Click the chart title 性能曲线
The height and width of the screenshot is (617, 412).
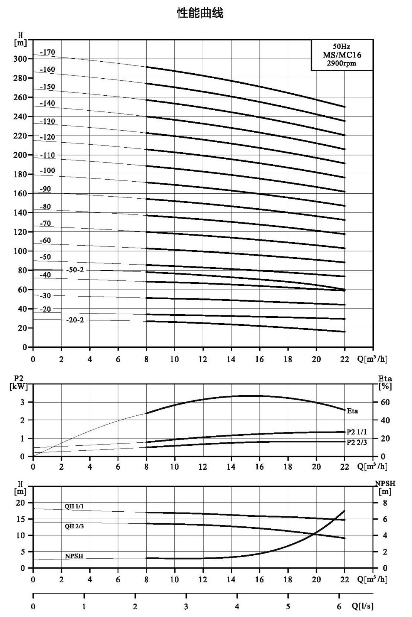pos(200,13)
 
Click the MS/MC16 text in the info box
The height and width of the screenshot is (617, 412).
pos(342,55)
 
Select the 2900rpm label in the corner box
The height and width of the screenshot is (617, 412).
pos(341,63)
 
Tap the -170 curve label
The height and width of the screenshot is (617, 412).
pos(47,52)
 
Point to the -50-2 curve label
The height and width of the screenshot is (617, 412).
pos(75,270)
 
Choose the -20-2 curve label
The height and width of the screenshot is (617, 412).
pos(75,320)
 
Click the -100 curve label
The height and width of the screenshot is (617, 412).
pos(47,170)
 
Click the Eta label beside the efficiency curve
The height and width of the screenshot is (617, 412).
pos(352,411)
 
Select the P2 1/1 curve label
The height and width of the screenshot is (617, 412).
pos(356,432)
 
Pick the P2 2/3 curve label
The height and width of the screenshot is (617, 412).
pos(356,442)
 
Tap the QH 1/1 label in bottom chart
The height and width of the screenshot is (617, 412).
pos(74,506)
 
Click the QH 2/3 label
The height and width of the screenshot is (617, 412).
pos(74,526)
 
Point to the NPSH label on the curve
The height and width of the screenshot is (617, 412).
pos(74,556)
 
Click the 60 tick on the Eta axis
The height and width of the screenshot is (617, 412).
pos(385,402)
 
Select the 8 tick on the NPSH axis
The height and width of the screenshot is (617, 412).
pos(385,503)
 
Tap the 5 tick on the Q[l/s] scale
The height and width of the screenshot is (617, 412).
pos(288,607)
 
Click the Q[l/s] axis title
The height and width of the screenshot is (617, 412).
pos(362,606)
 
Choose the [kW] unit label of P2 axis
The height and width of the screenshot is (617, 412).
pos(19,387)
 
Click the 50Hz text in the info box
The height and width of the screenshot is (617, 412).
pos(341,46)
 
